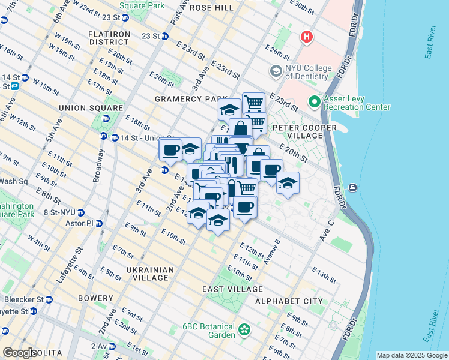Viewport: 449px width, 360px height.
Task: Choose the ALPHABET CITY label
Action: click(x=282, y=301)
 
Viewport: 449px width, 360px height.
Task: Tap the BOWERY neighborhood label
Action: click(x=95, y=298)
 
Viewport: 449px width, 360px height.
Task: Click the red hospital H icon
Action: click(x=307, y=37)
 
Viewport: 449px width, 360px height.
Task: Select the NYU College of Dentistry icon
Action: click(x=276, y=71)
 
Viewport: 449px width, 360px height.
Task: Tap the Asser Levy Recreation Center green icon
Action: click(x=313, y=102)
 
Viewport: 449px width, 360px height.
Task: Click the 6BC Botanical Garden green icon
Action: click(x=244, y=329)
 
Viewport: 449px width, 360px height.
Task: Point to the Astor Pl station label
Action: click(x=83, y=223)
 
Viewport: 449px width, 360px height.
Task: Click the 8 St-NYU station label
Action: click(x=62, y=212)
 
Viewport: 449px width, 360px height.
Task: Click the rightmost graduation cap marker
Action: click(x=288, y=182)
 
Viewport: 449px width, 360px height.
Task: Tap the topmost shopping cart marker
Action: click(x=254, y=102)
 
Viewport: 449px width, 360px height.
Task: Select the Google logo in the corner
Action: click(x=20, y=353)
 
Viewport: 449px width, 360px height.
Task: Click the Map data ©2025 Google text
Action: click(x=411, y=355)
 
